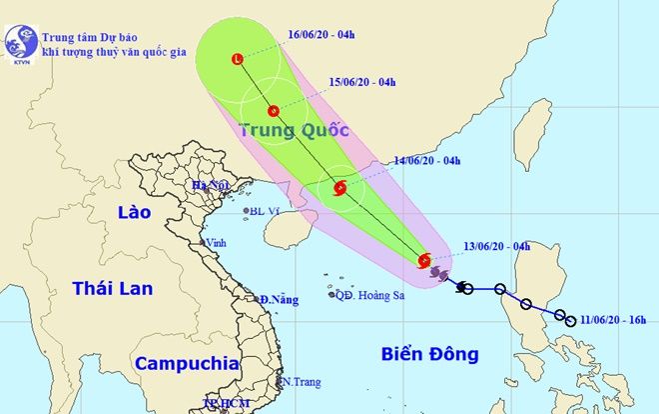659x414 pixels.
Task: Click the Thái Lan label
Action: click(112, 289)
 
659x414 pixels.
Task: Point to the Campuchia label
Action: click(187, 363)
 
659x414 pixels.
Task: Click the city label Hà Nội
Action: click(213, 186)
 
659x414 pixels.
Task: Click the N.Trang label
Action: click(299, 382)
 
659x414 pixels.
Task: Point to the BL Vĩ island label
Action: click(265, 211)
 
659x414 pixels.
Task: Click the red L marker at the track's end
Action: click(237, 59)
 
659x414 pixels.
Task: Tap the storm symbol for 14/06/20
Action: click(339, 187)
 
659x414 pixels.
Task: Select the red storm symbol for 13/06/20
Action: click(424, 260)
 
